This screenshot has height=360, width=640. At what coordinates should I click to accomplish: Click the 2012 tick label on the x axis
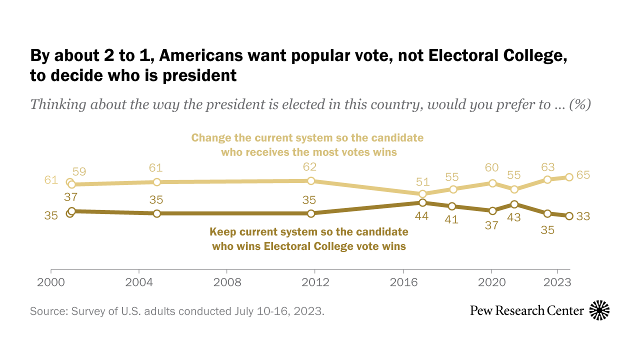click(x=316, y=282)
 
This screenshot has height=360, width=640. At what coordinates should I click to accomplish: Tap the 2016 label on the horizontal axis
click(x=404, y=282)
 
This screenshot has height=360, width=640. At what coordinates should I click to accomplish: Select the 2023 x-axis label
click(x=557, y=282)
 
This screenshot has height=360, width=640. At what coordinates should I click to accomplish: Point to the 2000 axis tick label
click(x=51, y=282)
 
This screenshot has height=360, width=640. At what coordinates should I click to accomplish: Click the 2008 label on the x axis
click(x=227, y=282)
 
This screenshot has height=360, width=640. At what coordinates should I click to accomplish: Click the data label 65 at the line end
click(x=583, y=175)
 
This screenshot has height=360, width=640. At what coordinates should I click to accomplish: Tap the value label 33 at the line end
click(x=583, y=216)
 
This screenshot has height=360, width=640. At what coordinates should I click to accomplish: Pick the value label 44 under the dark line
click(x=422, y=216)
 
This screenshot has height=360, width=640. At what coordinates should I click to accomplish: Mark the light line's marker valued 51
click(x=422, y=193)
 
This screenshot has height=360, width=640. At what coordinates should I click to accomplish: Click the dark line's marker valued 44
click(x=422, y=202)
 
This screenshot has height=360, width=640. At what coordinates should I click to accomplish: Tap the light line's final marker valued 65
click(x=568, y=177)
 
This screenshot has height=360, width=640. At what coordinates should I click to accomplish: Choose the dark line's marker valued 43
click(x=514, y=204)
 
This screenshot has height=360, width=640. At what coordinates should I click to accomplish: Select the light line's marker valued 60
click(x=492, y=183)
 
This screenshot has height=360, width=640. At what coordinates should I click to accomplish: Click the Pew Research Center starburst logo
click(x=599, y=310)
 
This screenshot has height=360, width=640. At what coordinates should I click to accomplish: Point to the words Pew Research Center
click(x=527, y=310)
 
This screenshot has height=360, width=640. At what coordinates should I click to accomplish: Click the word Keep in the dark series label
click(x=222, y=232)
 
